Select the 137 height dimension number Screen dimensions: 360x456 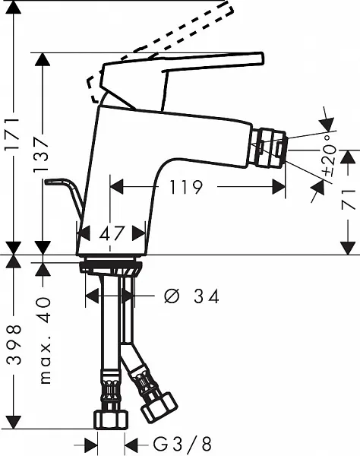[x=40, y=155]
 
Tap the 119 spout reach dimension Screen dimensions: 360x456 [x=185, y=187]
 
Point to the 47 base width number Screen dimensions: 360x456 [x=112, y=233]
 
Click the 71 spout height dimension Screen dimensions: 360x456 [x=348, y=199]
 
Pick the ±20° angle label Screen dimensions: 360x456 [x=330, y=157]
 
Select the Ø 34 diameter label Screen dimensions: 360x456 [x=191, y=296]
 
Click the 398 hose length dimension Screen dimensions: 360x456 [x=14, y=344]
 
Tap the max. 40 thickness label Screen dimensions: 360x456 [x=45, y=340]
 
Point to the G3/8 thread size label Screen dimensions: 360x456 [x=182, y=445]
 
